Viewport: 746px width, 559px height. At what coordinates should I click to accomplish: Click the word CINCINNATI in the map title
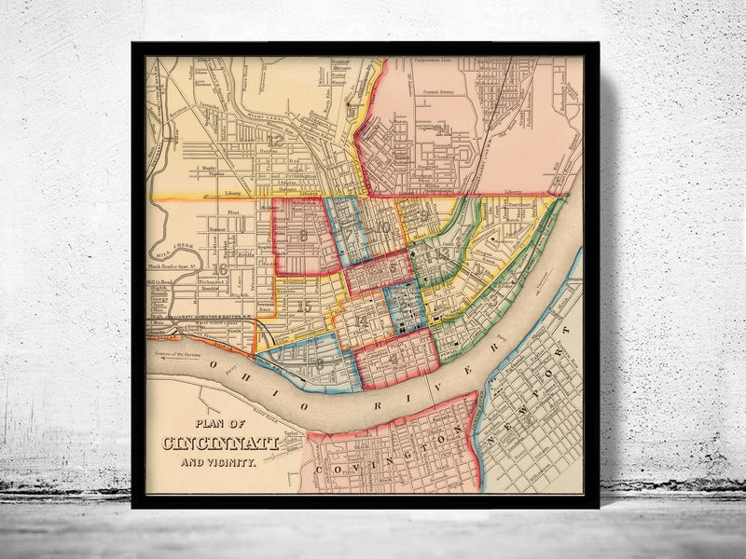click(221, 443)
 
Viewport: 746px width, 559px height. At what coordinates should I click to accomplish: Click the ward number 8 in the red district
click(303, 237)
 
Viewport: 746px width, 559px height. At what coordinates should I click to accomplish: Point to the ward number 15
click(302, 307)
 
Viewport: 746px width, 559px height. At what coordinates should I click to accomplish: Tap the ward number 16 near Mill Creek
click(221, 269)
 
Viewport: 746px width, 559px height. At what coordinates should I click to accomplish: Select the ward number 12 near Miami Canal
click(276, 141)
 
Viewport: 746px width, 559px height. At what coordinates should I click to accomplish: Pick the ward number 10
click(382, 226)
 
